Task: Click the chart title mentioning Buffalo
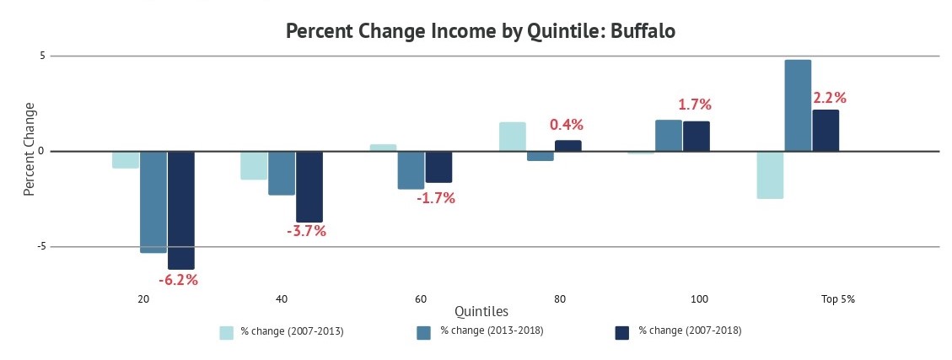(481, 31)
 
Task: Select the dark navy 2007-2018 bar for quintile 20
(181, 210)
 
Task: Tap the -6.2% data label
(178, 280)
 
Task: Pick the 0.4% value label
(567, 125)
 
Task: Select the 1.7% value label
(695, 105)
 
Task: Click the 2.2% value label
(829, 98)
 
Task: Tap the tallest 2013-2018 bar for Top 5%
(798, 105)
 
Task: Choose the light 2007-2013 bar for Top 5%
(770, 175)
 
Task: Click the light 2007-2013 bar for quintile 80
(512, 137)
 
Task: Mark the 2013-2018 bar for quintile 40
(282, 173)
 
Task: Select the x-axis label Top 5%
(837, 299)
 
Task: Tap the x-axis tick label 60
(421, 299)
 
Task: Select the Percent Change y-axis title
(30, 149)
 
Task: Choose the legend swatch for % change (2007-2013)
(227, 332)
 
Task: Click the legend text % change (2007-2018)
(690, 330)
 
